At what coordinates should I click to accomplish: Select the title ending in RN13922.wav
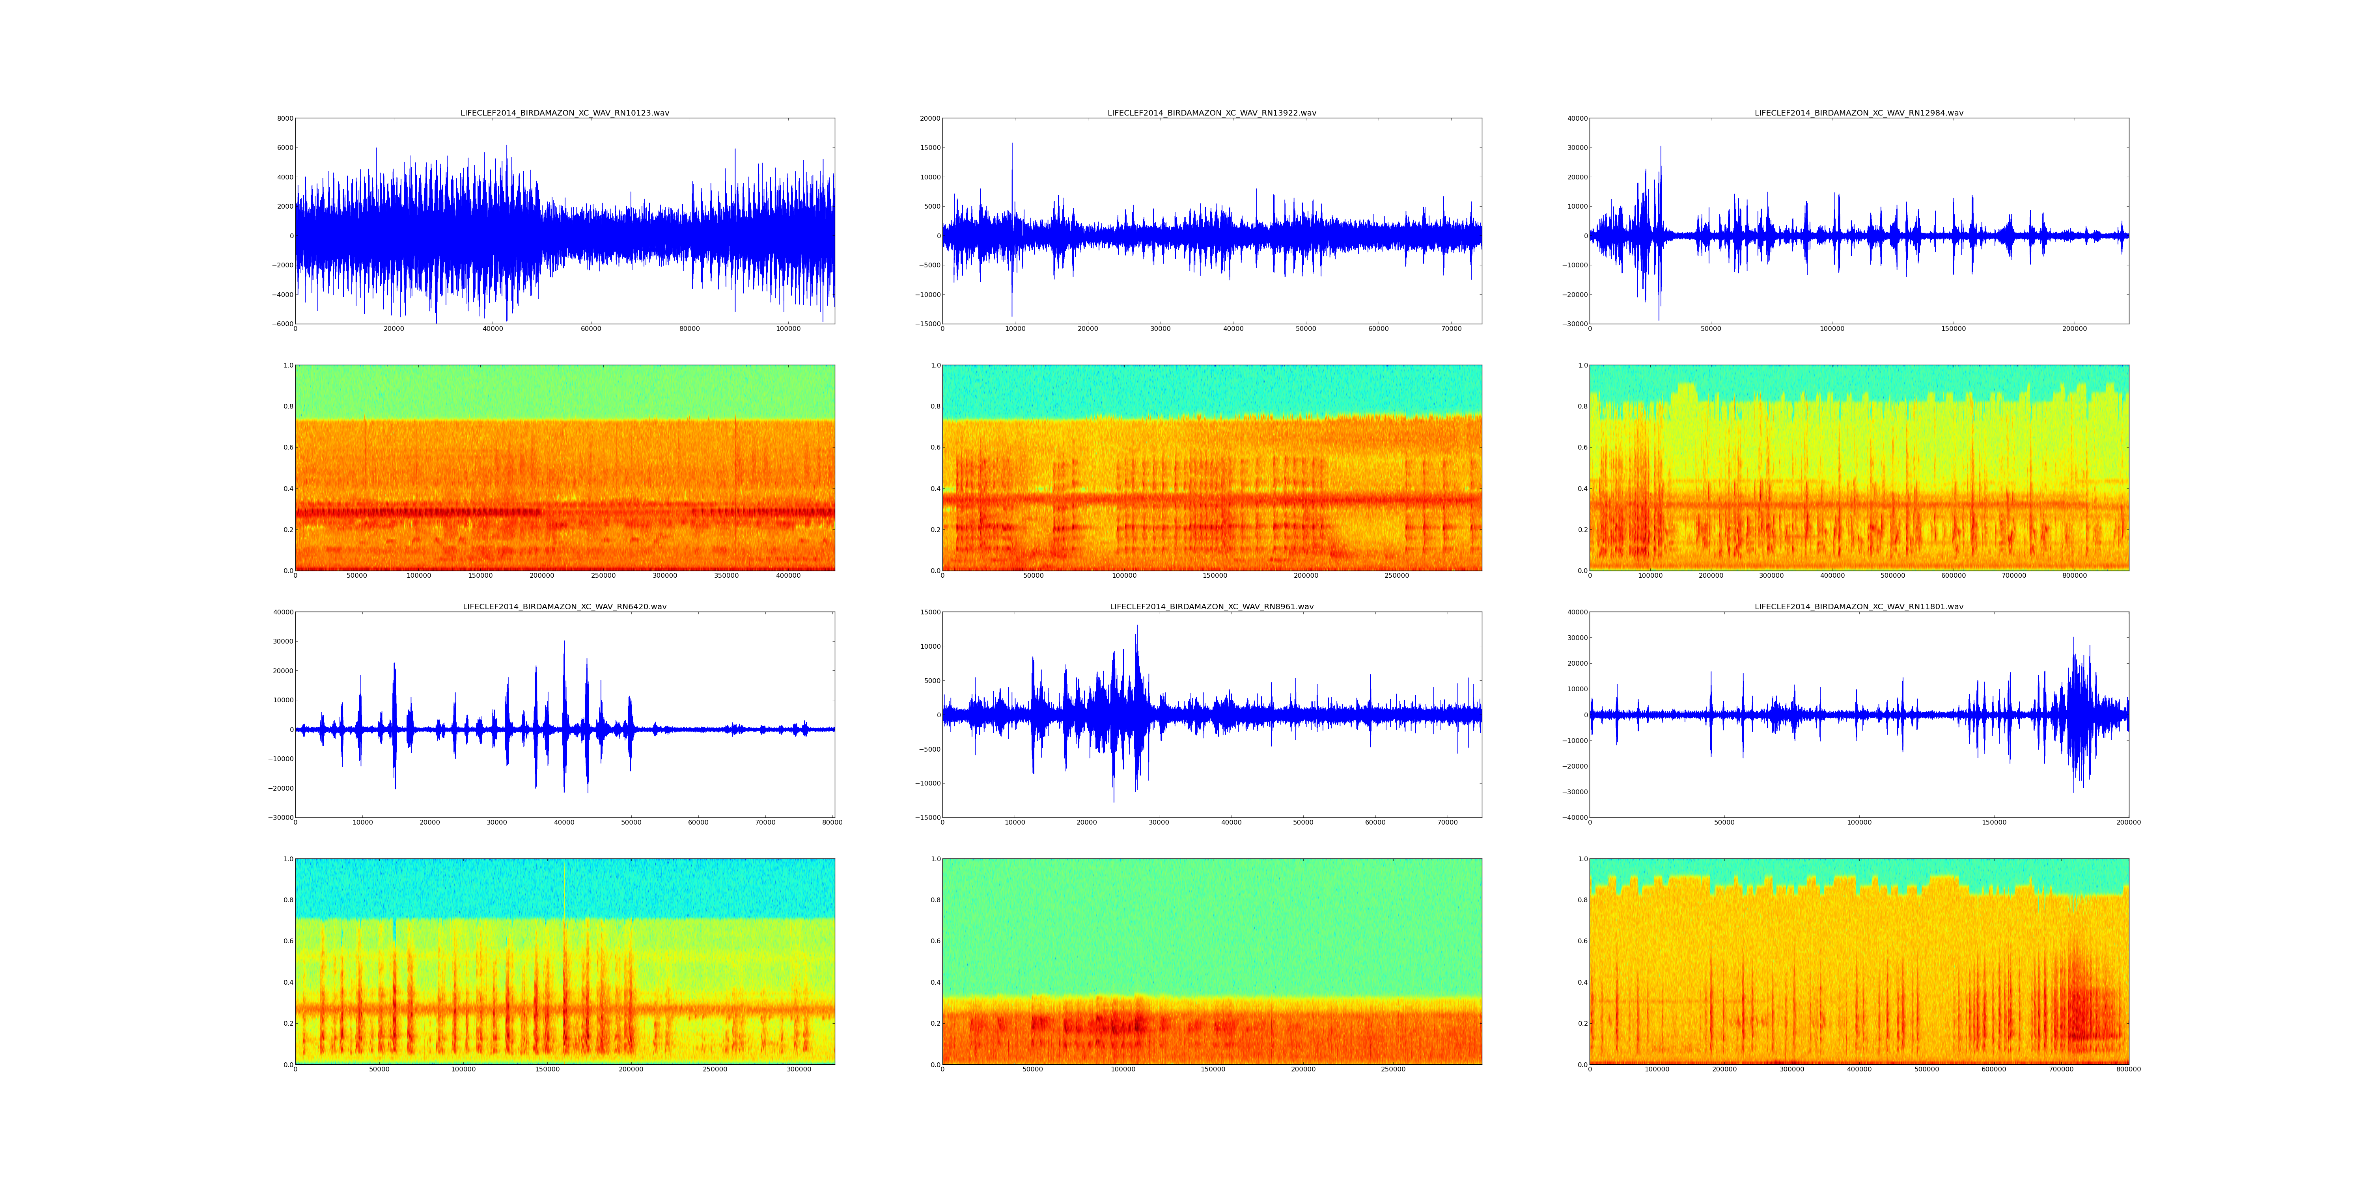point(1211,113)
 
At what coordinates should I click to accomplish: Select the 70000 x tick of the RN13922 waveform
point(1451,329)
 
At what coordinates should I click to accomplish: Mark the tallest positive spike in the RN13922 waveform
point(1012,143)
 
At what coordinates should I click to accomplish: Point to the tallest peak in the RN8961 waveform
point(1137,627)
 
